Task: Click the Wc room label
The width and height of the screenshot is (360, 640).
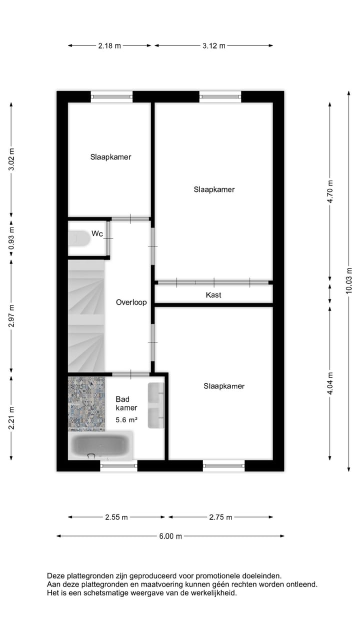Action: pyautogui.click(x=97, y=233)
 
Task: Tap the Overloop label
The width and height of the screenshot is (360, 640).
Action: pyautogui.click(x=131, y=302)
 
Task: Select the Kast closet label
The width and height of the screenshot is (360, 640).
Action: pyautogui.click(x=213, y=295)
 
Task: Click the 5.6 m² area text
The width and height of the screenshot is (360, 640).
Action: pyautogui.click(x=126, y=420)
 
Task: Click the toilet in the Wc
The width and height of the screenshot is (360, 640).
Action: pyautogui.click(x=78, y=238)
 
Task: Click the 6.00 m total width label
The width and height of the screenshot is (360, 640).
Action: pyautogui.click(x=170, y=536)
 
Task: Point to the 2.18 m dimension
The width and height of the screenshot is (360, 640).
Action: pyautogui.click(x=109, y=45)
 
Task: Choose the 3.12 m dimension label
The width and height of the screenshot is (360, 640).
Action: pyautogui.click(x=213, y=45)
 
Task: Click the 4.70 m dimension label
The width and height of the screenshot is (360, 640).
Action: pyautogui.click(x=329, y=190)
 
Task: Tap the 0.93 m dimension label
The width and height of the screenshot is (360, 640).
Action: pyautogui.click(x=11, y=239)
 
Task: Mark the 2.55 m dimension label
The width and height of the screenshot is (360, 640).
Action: pyautogui.click(x=116, y=517)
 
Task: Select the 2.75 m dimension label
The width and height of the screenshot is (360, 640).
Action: pyautogui.click(x=220, y=517)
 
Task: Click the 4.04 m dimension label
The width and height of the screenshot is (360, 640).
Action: pyautogui.click(x=329, y=383)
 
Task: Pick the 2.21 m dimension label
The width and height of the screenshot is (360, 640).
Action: pyautogui.click(x=11, y=417)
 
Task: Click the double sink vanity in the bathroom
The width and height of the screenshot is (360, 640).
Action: pyautogui.click(x=156, y=405)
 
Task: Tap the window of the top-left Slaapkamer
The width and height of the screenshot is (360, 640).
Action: pyautogui.click(x=111, y=97)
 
